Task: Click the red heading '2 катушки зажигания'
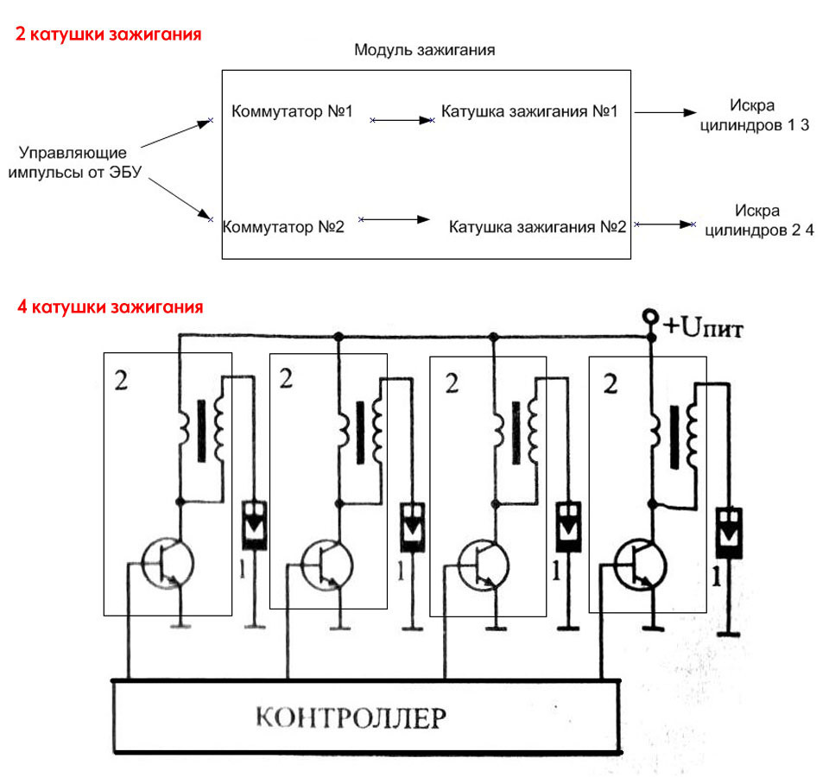click(108, 35)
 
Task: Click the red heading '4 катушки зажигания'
click(110, 306)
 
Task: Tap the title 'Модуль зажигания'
click(424, 50)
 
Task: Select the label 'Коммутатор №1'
click(292, 112)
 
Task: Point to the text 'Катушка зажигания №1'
click(529, 111)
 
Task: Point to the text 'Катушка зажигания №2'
click(536, 228)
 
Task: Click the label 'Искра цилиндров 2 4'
click(759, 220)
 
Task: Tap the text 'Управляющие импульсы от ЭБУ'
click(73, 162)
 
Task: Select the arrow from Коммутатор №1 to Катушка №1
click(402, 121)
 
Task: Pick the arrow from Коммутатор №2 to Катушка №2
click(394, 220)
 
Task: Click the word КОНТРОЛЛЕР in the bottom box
click(363, 717)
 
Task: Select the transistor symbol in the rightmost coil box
click(640, 563)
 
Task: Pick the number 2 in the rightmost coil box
click(611, 384)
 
